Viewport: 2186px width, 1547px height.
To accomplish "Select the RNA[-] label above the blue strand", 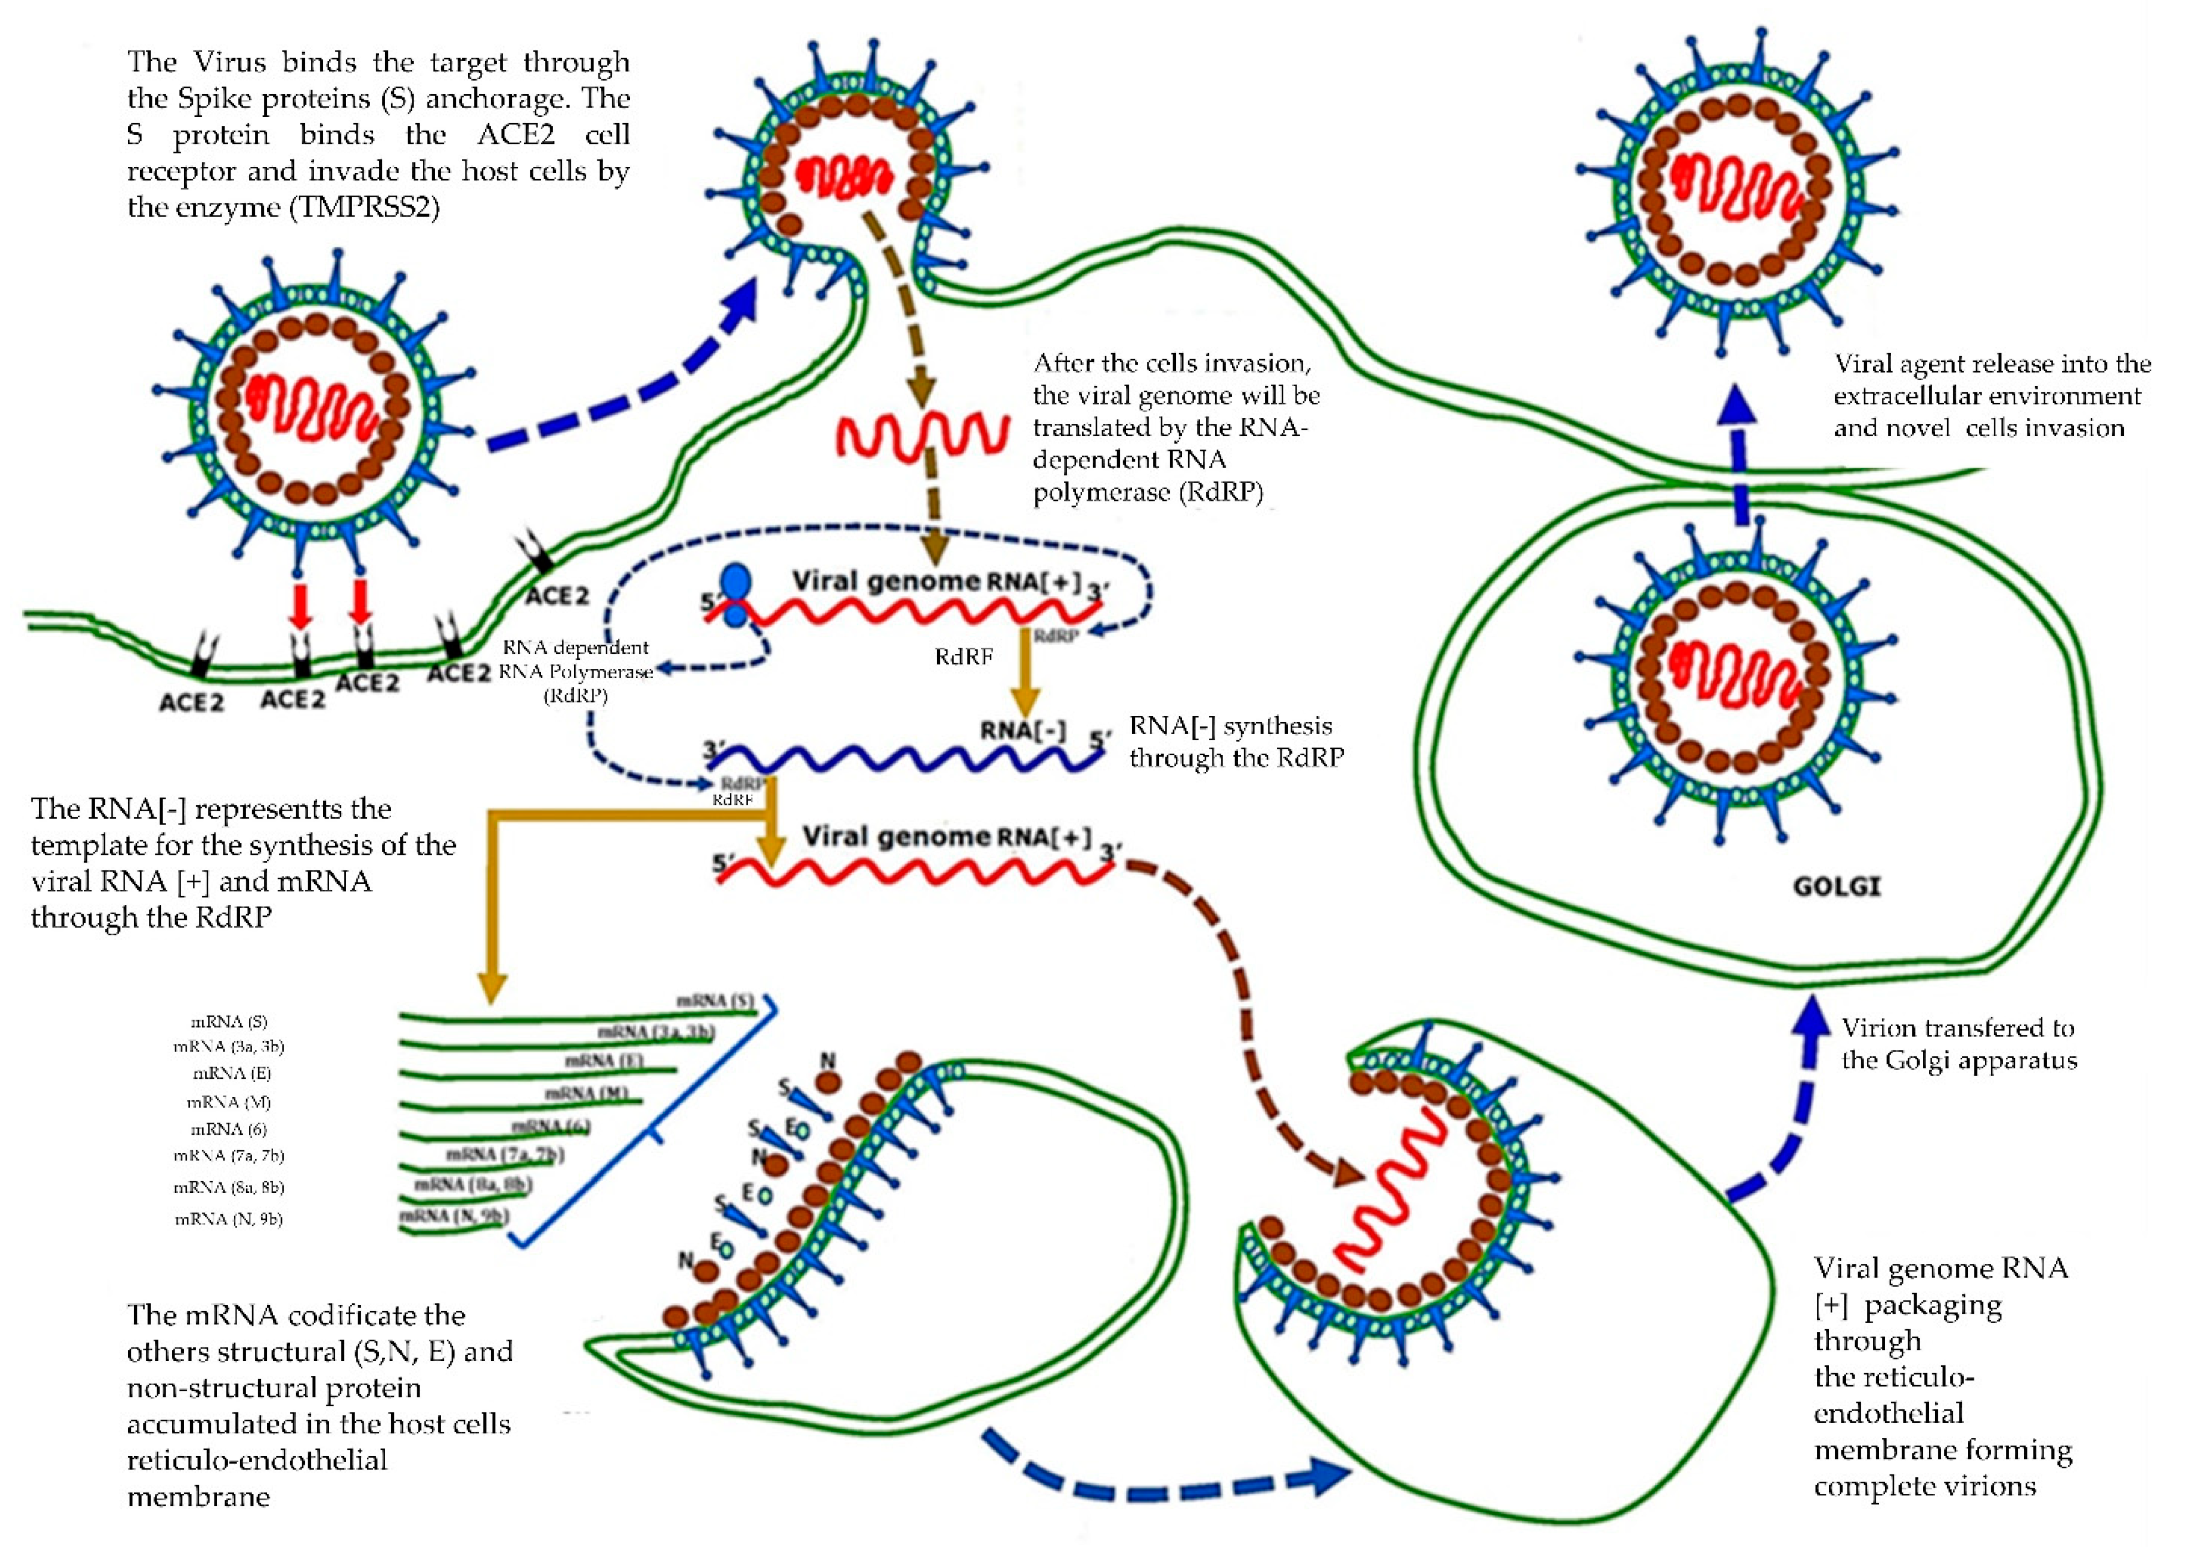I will pos(1023,731).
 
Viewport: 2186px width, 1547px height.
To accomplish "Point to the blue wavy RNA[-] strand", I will pos(905,759).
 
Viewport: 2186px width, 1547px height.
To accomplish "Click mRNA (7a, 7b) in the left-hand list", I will pos(229,1155).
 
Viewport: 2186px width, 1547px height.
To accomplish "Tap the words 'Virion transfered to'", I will pos(1957,1028).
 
